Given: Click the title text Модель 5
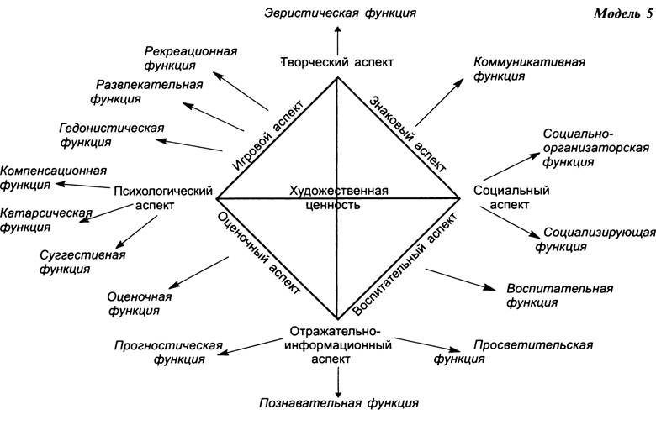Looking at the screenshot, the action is (x=623, y=13).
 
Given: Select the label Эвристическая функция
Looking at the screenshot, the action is (x=340, y=13).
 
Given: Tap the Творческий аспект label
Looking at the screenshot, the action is (x=336, y=62).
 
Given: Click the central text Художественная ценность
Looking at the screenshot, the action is (x=339, y=197).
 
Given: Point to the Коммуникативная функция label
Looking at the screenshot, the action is (x=529, y=69).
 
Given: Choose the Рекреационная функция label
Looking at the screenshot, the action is (x=191, y=58).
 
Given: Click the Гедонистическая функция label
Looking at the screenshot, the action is (x=112, y=134).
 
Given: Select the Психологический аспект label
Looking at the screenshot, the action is (x=163, y=198).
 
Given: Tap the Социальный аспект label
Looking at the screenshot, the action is (x=511, y=197).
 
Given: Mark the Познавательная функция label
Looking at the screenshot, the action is (x=339, y=403).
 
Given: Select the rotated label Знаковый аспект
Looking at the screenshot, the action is (x=409, y=134).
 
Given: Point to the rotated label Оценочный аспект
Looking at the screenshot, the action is (x=258, y=254).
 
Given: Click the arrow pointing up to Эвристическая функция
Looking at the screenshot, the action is (x=337, y=40).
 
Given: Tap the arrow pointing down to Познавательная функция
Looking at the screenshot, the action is (x=338, y=383).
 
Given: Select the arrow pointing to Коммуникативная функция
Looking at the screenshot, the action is (x=440, y=102).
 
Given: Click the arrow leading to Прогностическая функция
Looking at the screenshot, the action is (x=250, y=346).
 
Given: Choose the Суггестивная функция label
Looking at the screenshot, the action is (x=82, y=261).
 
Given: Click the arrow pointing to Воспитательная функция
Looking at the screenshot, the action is (x=460, y=279).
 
